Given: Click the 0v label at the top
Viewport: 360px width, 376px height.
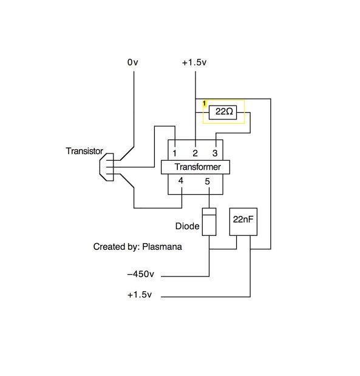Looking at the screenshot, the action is pos(133,62).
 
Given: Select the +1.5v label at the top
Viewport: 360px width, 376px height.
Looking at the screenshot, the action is pos(194,62).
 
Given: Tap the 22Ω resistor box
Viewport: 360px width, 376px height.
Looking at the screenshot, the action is pos(223,112).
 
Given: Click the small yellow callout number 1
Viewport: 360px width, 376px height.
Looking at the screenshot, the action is pos(205,103).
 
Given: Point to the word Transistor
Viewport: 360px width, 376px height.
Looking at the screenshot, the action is pos(84,151).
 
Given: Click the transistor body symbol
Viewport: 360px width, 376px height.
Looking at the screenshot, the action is pos(107,167).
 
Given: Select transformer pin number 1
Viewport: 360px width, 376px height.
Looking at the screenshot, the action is pos(174,153).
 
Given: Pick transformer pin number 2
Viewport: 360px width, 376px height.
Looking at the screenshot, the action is pos(195,153).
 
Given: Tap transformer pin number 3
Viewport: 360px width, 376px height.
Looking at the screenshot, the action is pos(215,153).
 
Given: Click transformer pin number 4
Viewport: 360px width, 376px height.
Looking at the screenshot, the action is pos(181,181).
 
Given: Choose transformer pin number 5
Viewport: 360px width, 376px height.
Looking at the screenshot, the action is pos(208,181).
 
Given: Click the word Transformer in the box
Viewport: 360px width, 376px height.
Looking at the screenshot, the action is pos(197,167).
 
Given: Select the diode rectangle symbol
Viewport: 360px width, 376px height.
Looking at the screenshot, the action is pos(209,222).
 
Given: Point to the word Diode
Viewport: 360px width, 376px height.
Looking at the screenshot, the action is pos(187,226).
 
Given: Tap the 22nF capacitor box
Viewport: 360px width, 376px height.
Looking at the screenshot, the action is pos(243,222).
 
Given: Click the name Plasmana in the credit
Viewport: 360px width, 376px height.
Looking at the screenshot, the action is pos(162,247).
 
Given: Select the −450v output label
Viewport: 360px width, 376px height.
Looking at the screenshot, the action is pos(141,274).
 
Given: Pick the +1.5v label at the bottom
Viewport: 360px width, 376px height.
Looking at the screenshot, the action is pos(140,295).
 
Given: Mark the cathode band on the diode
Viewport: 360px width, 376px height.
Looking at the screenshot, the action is pos(209,212).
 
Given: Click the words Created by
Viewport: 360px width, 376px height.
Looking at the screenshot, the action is pos(115,247).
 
